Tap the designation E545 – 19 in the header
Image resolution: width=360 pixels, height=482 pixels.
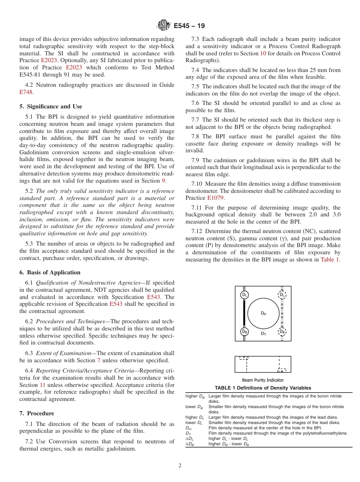pos(189,26)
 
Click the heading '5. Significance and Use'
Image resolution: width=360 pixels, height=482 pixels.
pos(50,106)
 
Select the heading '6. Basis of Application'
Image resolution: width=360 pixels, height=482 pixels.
pos(50,272)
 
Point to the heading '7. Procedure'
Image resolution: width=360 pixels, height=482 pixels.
pos(37,413)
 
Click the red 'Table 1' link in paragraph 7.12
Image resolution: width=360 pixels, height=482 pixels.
pos(330,260)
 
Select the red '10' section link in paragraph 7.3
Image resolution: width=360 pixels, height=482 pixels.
pos(263,53)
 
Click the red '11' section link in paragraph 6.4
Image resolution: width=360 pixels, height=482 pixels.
pos(42,385)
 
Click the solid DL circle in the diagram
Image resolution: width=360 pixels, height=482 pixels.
pos(244,295)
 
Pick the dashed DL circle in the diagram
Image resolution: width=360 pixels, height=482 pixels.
pos(282,295)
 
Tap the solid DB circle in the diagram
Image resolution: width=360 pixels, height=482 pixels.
pos(244,331)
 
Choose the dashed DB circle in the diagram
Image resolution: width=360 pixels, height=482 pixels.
pos(282,331)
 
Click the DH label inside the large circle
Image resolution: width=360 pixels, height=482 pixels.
pos(263,313)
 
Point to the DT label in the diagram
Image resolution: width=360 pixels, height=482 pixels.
pos(263,334)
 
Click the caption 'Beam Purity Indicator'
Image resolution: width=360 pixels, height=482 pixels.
pos(263,380)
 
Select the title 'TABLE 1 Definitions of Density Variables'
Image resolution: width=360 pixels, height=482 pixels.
pos(263,388)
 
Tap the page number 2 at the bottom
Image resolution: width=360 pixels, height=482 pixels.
pos(180,466)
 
